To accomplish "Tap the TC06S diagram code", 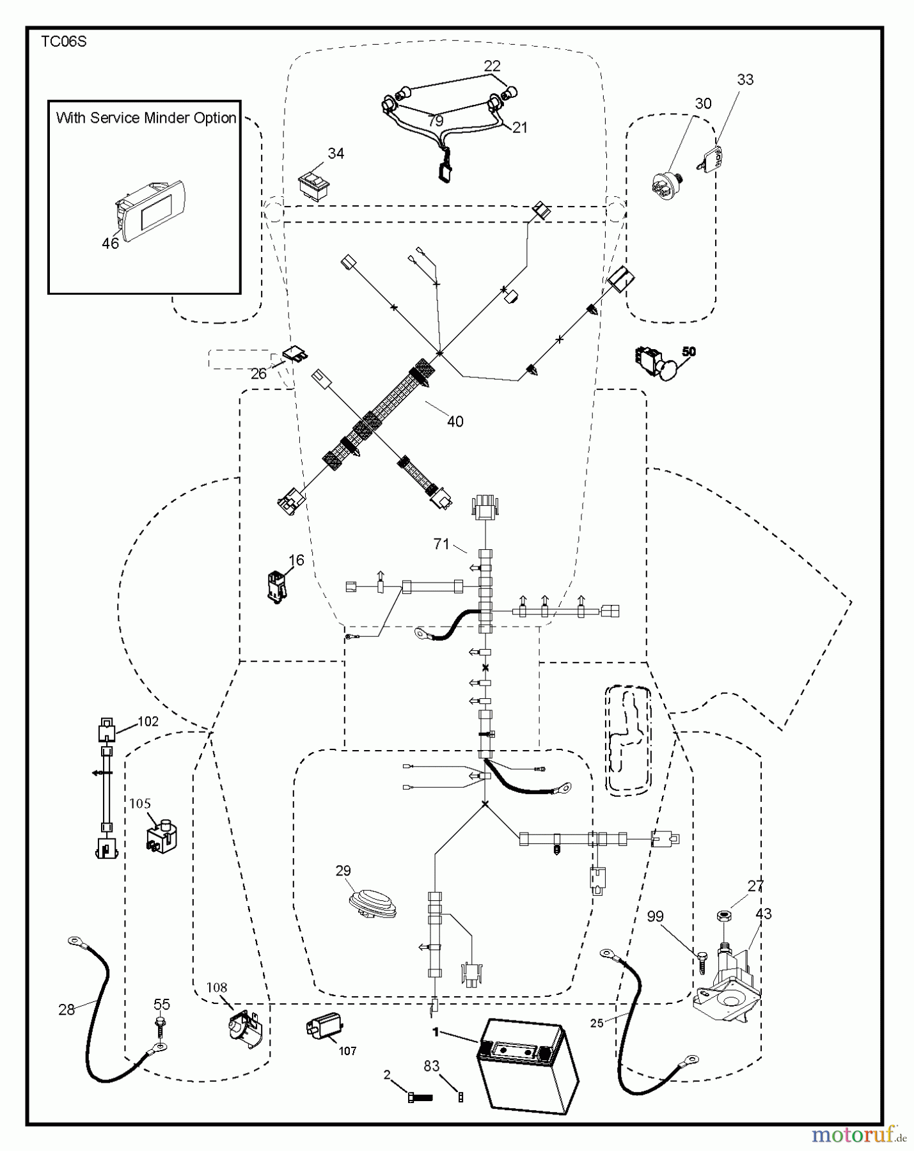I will (64, 42).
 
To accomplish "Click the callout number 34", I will (336, 153).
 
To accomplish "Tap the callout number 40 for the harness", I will (455, 421).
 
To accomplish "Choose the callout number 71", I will (441, 544).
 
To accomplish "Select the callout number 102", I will (148, 721).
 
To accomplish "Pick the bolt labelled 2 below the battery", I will (420, 1097).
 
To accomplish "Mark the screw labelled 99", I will (704, 960).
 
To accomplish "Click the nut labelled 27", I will (725, 916).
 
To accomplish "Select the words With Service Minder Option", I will (146, 118).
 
